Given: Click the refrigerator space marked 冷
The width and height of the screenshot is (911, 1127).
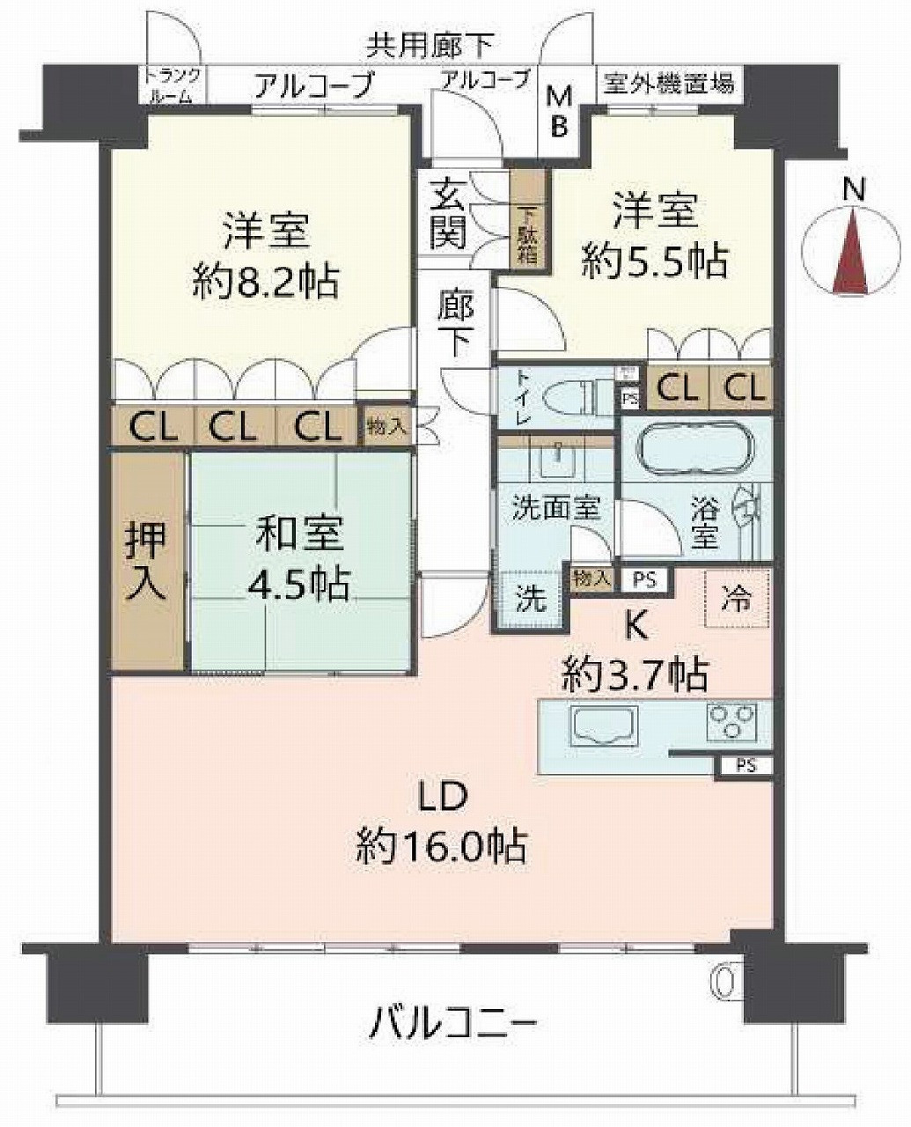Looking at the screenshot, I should point(737,599).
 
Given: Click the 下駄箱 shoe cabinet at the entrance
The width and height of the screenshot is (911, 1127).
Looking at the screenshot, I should point(531,220).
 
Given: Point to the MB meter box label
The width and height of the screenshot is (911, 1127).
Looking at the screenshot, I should point(559,111).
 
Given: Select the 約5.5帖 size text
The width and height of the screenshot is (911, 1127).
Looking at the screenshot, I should point(655,261).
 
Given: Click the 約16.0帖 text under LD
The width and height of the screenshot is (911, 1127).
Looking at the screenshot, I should point(441,847).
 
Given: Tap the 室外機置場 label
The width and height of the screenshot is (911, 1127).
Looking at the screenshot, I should point(670,85).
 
